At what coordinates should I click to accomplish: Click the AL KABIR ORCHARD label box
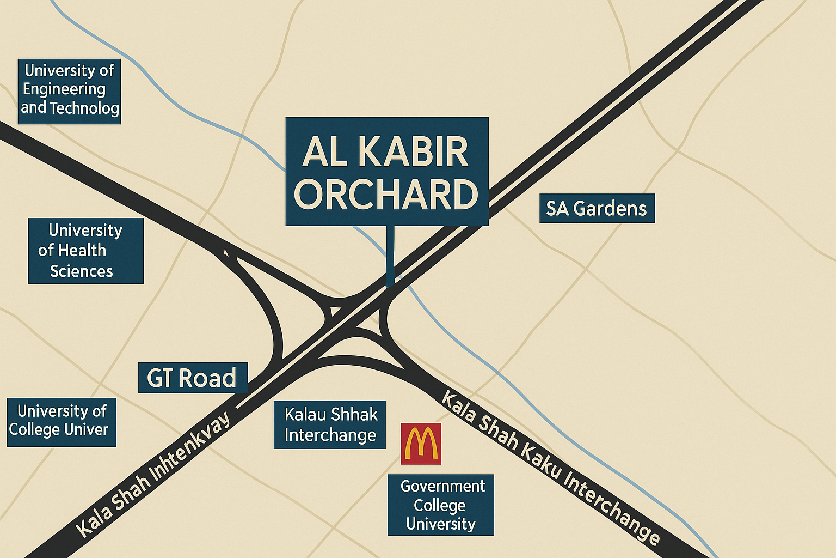(x=386, y=171)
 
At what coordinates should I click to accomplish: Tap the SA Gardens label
(x=597, y=208)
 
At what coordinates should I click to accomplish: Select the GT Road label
(x=193, y=378)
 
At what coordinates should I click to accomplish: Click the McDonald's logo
(x=421, y=444)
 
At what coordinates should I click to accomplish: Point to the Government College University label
(x=440, y=505)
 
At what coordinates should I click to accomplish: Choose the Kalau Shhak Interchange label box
(x=330, y=424)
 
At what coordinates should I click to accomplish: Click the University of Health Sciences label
(x=85, y=251)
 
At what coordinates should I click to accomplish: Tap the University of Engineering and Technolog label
(x=69, y=89)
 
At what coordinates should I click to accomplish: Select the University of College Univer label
(x=61, y=421)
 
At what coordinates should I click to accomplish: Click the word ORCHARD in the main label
(x=386, y=195)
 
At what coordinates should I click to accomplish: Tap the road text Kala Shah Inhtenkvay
(x=153, y=474)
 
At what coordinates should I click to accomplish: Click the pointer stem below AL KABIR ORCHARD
(x=390, y=256)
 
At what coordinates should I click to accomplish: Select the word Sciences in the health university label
(x=82, y=271)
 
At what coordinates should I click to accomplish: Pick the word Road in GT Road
(x=207, y=378)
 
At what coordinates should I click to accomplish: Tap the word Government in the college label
(x=442, y=486)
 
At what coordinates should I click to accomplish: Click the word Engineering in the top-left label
(x=64, y=89)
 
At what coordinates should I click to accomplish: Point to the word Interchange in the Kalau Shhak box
(x=330, y=435)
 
